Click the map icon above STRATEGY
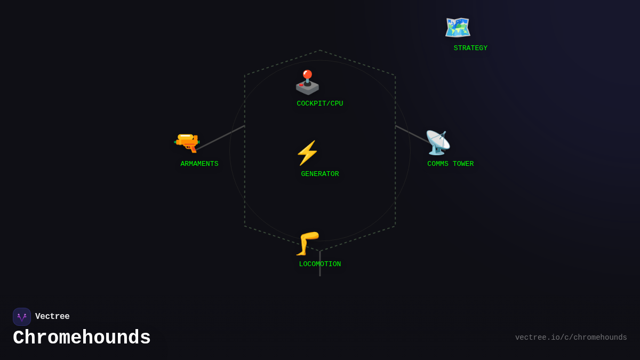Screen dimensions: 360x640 click(458, 28)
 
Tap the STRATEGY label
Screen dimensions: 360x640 click(470, 49)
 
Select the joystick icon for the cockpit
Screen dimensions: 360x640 click(307, 83)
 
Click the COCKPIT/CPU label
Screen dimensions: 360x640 click(320, 104)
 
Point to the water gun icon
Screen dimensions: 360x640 click(187, 142)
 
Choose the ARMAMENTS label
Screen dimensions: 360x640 click(199, 164)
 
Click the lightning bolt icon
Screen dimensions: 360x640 click(307, 153)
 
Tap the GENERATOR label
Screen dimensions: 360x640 click(320, 174)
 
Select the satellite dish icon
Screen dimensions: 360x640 click(438, 143)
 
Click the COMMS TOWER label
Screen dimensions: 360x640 click(451, 164)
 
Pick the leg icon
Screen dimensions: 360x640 click(308, 244)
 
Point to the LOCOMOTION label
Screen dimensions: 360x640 click(320, 265)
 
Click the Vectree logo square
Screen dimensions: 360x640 click(22, 317)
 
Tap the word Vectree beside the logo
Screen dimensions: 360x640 click(52, 317)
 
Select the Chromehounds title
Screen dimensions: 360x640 click(82, 338)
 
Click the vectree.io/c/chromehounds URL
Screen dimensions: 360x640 click(571, 338)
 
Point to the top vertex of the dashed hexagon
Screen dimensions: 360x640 click(320, 51)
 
